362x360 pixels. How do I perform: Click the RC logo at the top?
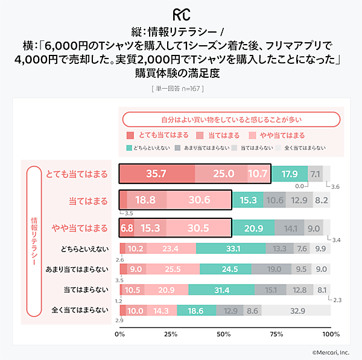pyautogui.click(x=181, y=13)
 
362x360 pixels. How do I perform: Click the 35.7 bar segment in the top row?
pyautogui.click(x=157, y=174)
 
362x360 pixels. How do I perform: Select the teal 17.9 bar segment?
pyautogui.click(x=290, y=174)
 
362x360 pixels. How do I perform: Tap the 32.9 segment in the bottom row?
pyautogui.click(x=296, y=311)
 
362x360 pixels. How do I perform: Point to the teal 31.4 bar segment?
pyautogui.click(x=221, y=290)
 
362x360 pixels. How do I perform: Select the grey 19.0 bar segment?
pyautogui.click(x=275, y=269)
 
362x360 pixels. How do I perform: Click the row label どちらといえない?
pyautogui.click(x=84, y=248)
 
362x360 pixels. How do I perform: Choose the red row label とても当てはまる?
pyautogui.click(x=77, y=174)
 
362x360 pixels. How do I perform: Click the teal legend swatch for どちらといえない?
pyautogui.click(x=129, y=147)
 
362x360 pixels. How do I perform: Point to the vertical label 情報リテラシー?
pyautogui.click(x=34, y=241)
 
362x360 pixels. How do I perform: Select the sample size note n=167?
pyautogui.click(x=181, y=89)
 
